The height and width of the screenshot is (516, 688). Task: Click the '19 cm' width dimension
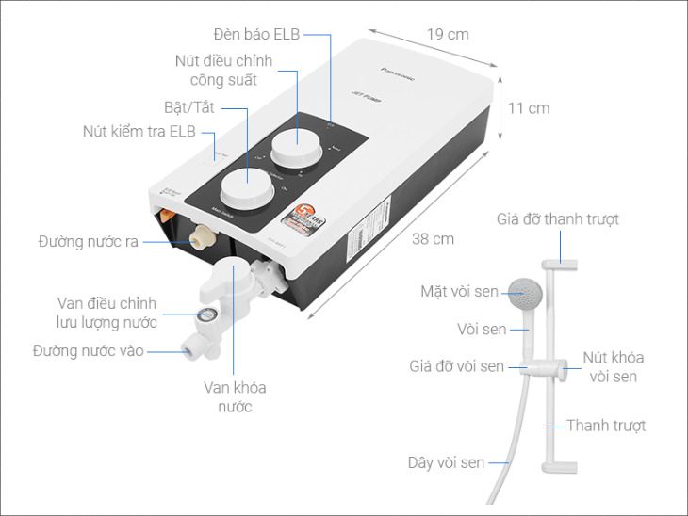(447, 34)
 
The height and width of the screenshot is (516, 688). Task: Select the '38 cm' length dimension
(433, 239)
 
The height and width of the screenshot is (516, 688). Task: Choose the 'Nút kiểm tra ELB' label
(139, 132)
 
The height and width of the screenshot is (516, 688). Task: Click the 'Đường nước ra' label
(89, 242)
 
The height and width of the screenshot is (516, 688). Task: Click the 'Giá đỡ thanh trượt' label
(558, 219)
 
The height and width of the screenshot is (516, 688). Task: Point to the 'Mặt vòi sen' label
(461, 291)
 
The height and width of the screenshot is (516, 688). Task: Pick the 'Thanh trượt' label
(606, 426)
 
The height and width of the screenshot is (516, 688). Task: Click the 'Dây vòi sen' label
(446, 462)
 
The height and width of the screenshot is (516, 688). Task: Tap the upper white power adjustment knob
(293, 149)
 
